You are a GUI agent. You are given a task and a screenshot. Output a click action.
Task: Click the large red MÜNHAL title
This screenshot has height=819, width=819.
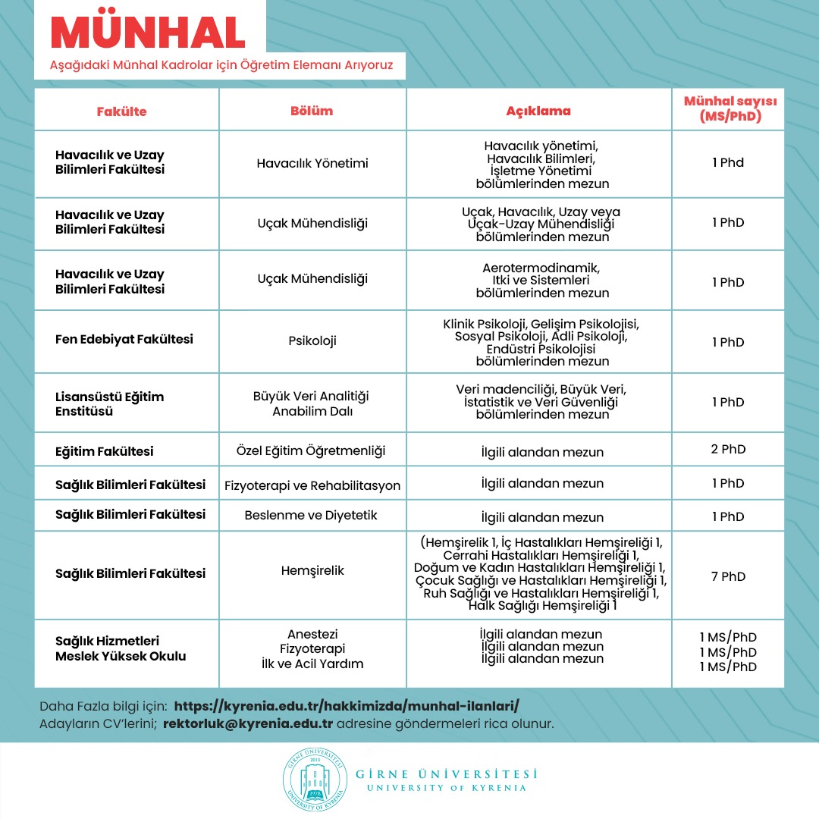tap(148, 33)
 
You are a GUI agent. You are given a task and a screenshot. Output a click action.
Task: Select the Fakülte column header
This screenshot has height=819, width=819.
tap(121, 111)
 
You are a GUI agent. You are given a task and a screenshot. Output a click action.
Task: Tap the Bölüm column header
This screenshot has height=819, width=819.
tap(312, 111)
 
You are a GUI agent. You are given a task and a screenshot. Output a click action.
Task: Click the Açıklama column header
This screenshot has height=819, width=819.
tap(538, 111)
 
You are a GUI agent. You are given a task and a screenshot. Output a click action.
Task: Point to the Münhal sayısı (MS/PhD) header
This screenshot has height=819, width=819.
tap(730, 109)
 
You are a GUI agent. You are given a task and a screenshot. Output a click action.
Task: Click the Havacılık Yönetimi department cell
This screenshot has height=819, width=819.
tap(312, 163)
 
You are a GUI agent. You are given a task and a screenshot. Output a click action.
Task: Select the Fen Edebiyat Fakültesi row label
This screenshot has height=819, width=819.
tap(124, 339)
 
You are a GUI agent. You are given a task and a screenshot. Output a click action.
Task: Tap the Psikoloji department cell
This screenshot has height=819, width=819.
tap(312, 340)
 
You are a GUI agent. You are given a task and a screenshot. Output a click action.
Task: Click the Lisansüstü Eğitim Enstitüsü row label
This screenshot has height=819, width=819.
tap(109, 403)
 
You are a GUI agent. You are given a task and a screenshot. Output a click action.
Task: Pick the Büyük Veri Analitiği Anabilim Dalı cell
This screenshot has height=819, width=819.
tap(312, 403)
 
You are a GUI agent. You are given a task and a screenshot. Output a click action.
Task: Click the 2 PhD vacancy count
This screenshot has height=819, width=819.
tap(728, 449)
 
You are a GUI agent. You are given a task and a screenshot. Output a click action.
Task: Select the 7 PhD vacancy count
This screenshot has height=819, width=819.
tap(728, 576)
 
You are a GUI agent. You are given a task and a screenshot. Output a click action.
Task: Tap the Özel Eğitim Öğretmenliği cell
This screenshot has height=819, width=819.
tap(312, 451)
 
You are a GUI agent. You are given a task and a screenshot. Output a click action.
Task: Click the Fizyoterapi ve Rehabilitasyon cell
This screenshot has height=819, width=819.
tap(312, 485)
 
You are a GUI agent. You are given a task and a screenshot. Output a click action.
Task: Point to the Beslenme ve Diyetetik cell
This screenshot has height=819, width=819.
tap(312, 516)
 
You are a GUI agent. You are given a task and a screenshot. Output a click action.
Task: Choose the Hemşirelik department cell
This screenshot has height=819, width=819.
tap(312, 570)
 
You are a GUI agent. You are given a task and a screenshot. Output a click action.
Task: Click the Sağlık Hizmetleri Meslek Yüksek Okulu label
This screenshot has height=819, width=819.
tap(121, 648)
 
